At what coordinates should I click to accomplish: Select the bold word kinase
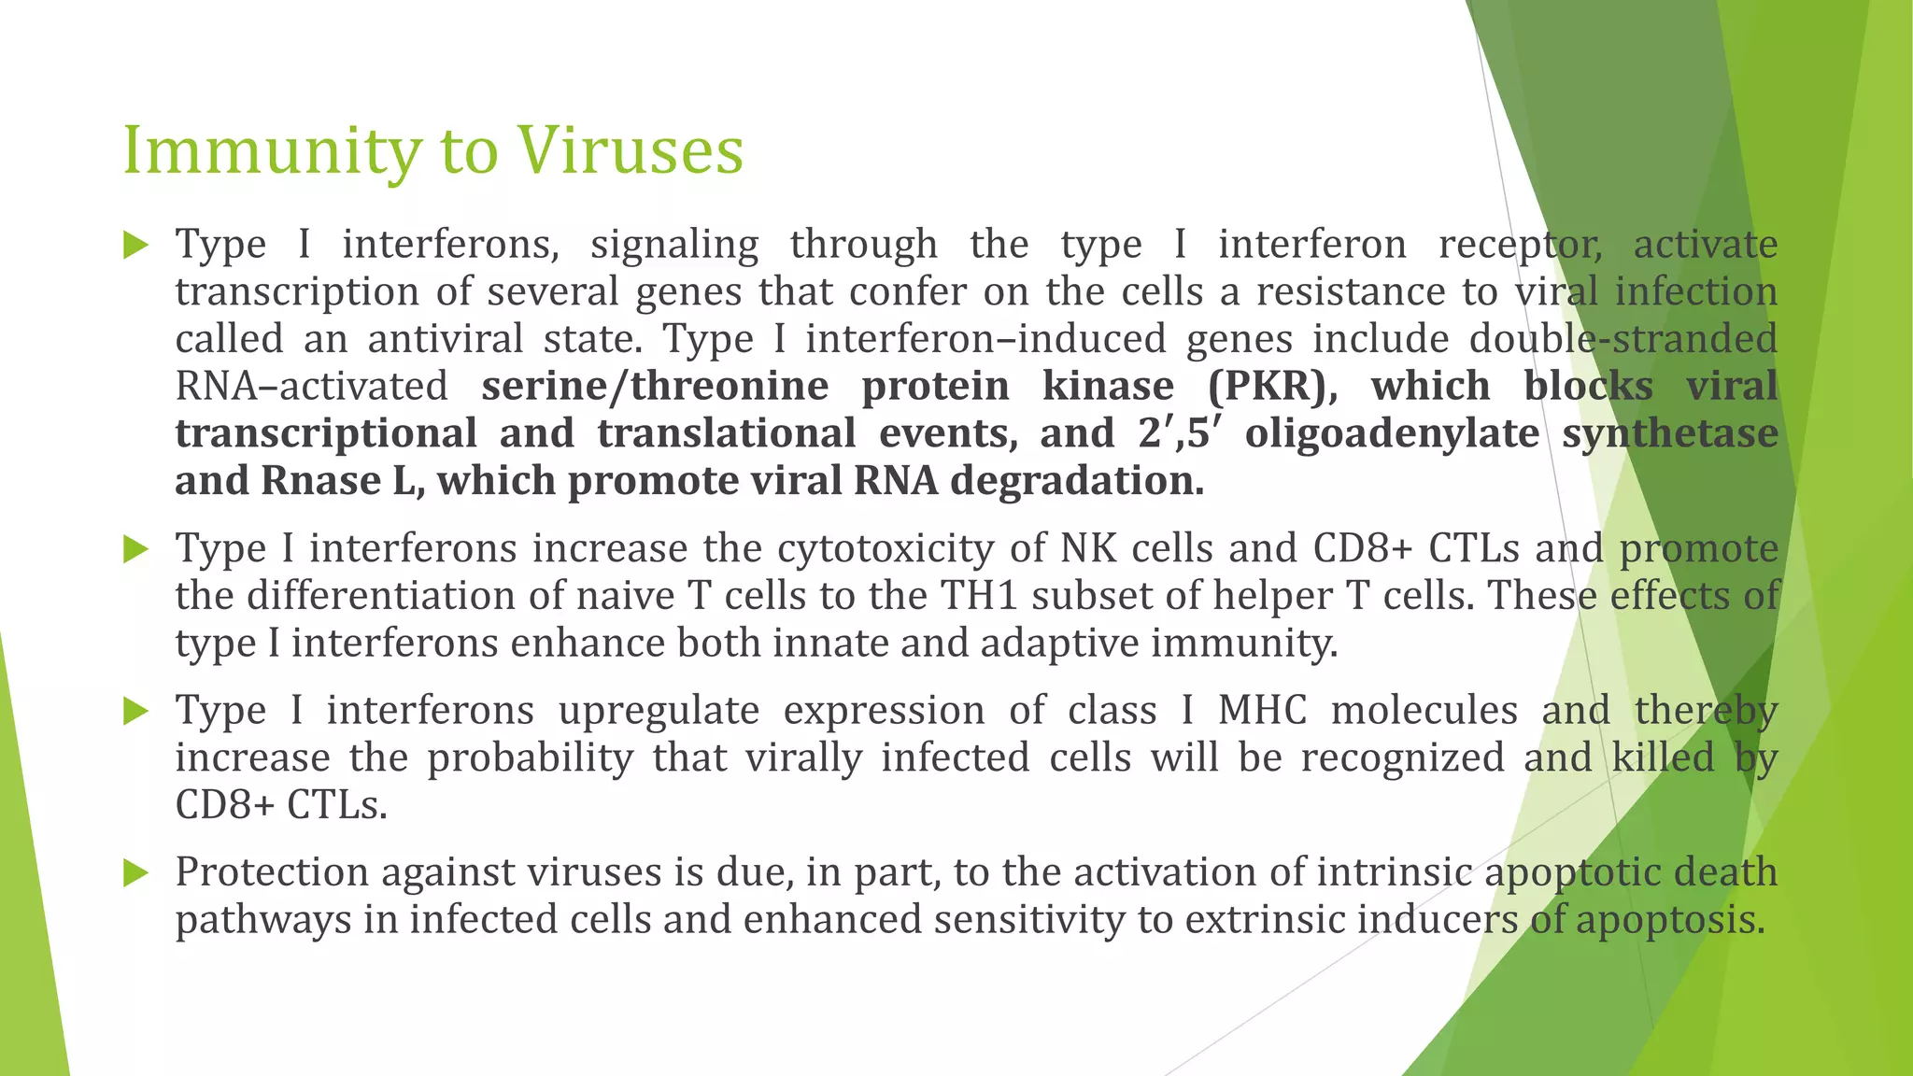pyautogui.click(x=1108, y=387)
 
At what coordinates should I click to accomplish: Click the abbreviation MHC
pyautogui.click(x=1262, y=711)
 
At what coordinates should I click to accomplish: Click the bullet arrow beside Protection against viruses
pyautogui.click(x=136, y=873)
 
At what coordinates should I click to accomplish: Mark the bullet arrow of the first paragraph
pyautogui.click(x=136, y=246)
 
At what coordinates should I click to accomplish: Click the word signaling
pyautogui.click(x=674, y=246)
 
